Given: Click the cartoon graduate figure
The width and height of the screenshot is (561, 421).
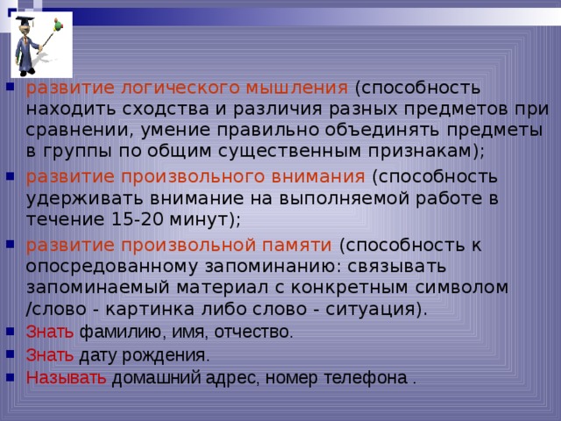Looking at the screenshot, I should (35, 44).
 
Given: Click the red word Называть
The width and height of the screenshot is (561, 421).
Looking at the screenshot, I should (66, 379).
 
